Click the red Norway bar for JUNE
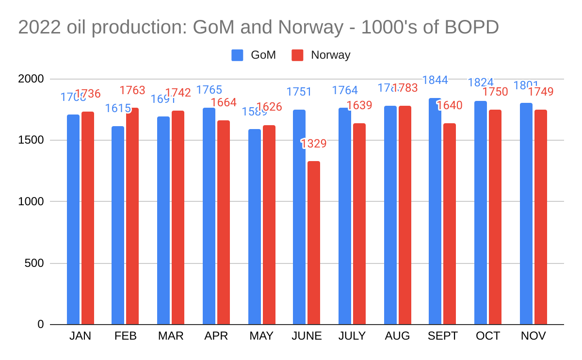(314, 243)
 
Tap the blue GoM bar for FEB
(118, 225)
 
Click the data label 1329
(314, 144)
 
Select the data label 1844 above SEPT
(435, 81)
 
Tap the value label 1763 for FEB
(132, 90)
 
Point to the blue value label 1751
(299, 92)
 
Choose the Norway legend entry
(321, 55)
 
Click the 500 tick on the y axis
(34, 263)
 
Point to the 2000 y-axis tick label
(31, 79)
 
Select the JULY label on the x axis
(352, 336)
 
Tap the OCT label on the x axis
(488, 336)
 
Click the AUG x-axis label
(397, 336)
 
